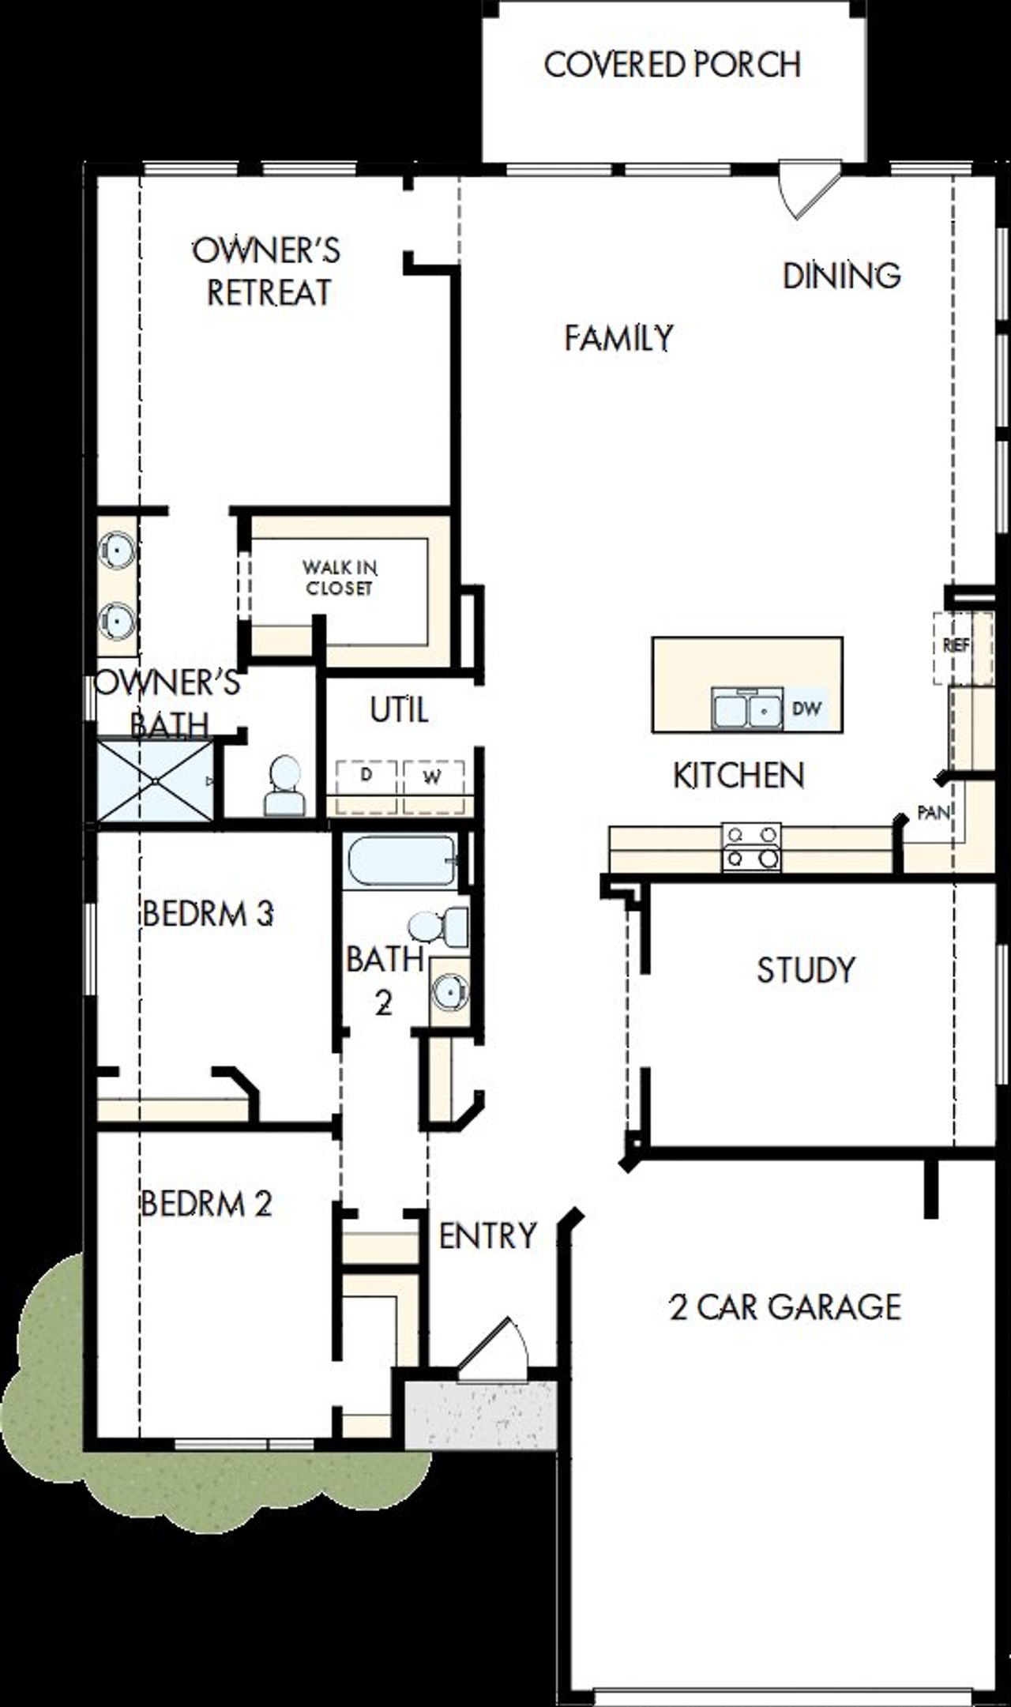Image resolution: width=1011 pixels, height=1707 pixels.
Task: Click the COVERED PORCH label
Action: (672, 65)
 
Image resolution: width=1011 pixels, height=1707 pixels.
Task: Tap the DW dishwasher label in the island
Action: (806, 709)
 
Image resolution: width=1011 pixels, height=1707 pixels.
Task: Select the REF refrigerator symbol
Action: (956, 646)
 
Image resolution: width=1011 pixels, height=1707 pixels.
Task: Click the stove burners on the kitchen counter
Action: (751, 847)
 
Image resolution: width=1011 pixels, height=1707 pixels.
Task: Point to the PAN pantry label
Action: (933, 812)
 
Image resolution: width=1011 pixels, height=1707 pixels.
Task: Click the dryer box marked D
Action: (366, 776)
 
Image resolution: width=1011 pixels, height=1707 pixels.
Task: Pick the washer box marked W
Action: (432, 777)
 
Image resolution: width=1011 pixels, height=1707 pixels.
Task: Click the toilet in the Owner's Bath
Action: (284, 787)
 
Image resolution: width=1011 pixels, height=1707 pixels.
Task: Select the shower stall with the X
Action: (155, 780)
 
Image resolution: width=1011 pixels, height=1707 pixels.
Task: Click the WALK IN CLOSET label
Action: (339, 578)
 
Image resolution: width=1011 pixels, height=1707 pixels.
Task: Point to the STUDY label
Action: (806, 970)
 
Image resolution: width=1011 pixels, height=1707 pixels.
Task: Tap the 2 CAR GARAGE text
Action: (784, 1307)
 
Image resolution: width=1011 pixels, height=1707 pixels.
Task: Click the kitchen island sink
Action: (746, 709)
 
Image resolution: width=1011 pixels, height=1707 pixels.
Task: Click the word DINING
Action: (841, 276)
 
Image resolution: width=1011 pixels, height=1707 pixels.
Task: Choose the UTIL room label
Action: (399, 710)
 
